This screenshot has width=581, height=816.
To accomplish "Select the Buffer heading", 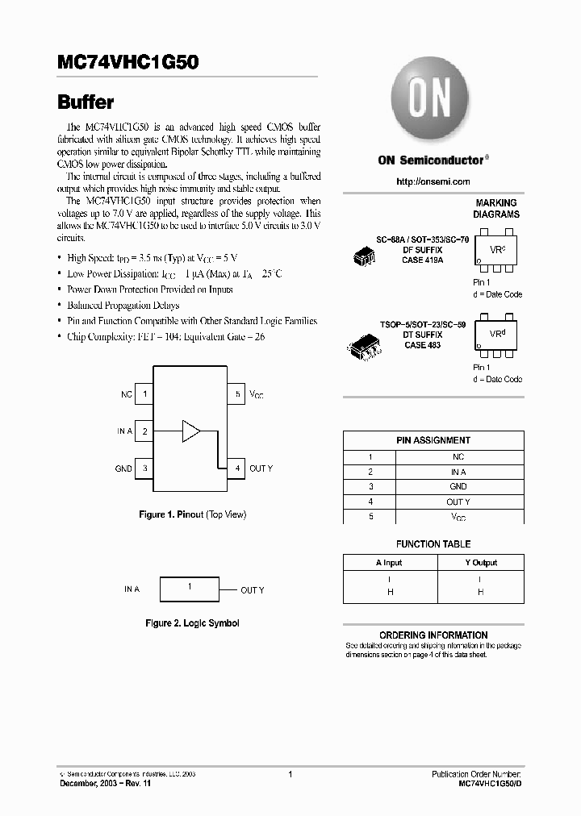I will [x=86, y=102].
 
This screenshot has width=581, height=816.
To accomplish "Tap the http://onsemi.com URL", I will [x=433, y=181].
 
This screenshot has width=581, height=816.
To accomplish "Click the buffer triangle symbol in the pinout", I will [x=190, y=431].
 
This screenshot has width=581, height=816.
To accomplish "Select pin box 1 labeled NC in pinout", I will [x=144, y=394].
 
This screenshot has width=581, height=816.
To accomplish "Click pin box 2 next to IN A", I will [x=144, y=431].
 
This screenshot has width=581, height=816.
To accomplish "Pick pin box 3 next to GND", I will [x=144, y=468].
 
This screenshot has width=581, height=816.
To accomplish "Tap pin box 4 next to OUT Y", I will [x=236, y=468].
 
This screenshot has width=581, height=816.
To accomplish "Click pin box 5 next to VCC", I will [x=236, y=394].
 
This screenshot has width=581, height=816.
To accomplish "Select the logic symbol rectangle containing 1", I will [x=190, y=589].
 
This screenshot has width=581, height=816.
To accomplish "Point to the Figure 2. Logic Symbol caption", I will [x=192, y=623].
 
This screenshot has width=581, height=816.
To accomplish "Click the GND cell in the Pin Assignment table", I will [x=458, y=487].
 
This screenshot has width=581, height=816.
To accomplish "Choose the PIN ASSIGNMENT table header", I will [x=433, y=440].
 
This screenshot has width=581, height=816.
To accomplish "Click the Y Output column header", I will [x=480, y=563].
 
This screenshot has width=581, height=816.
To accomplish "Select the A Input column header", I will [x=388, y=563].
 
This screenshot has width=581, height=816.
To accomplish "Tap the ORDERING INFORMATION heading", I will [x=433, y=635].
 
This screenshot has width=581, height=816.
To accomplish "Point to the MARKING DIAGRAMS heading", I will [x=495, y=209].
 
